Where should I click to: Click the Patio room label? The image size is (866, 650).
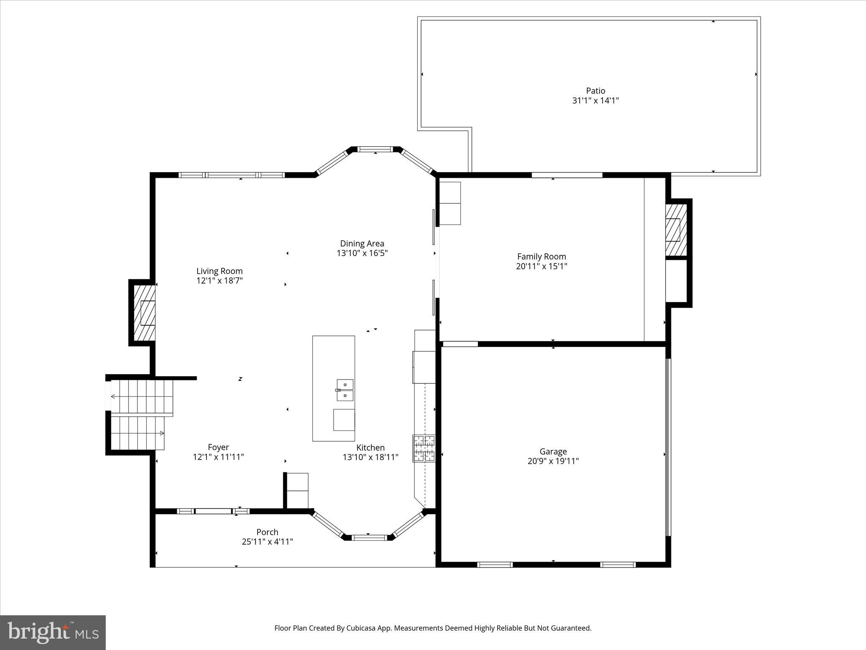595,91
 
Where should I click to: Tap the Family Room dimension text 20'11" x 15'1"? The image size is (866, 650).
541,266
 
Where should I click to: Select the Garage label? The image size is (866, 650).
553,452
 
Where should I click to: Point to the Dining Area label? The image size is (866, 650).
362,243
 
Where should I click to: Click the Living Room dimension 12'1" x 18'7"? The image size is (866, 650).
219,281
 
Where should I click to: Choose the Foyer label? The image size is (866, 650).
218,447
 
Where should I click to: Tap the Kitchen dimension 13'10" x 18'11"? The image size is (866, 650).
370,457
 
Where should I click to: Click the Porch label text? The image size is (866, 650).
267,532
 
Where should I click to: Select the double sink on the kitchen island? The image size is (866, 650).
345,390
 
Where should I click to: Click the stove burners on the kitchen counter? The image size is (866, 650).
424,448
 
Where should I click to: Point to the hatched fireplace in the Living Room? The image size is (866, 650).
144,312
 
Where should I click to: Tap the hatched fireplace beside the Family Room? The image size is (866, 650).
675,230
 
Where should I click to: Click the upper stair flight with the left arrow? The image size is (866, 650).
142,397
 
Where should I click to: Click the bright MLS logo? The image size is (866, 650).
53,632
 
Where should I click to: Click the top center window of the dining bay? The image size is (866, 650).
375,149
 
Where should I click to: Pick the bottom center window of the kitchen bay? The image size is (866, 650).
369,537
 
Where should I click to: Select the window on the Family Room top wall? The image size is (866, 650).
567,175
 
